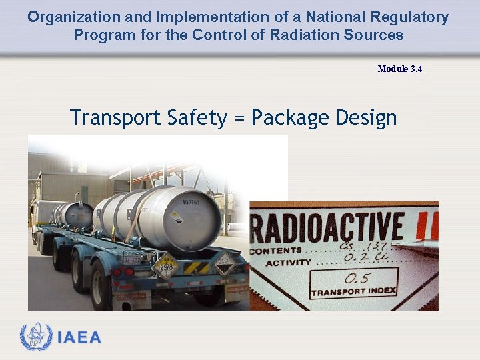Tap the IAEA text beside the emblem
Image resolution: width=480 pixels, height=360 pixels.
pyautogui.click(x=79, y=338)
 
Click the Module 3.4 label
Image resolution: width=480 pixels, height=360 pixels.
pyautogui.click(x=399, y=69)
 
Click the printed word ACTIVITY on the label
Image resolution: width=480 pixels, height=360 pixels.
pyautogui.click(x=289, y=263)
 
